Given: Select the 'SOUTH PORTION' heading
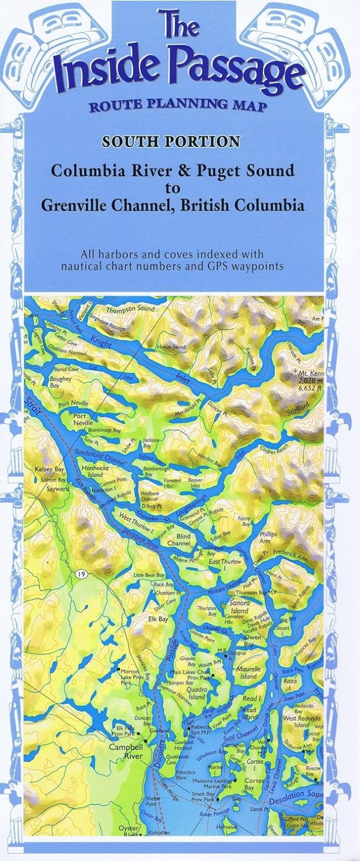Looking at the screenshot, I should [171, 142].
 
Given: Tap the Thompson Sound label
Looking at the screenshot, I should [131, 310].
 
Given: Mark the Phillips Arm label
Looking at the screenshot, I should [268, 536].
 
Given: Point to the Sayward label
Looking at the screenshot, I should [58, 489].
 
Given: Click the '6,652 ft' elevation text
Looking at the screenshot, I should [307, 385].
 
